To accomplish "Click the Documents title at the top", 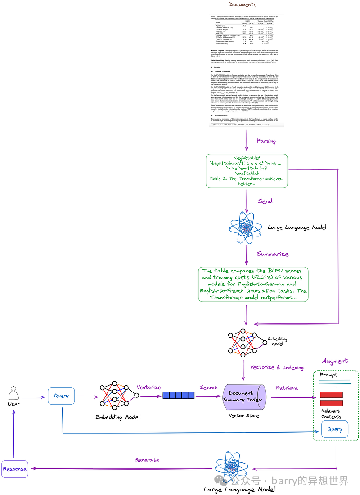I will click(242, 5).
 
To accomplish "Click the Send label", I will click(265, 201).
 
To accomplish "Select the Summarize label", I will click(273, 254).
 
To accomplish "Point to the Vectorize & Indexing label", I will click(277, 367).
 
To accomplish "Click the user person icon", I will click(14, 395).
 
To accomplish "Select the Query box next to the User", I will click(61, 396).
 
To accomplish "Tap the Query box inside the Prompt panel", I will click(334, 429).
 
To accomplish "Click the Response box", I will click(14, 469).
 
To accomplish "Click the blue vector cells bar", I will click(179, 396).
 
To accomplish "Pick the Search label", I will click(209, 388).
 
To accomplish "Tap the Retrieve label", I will click(287, 388).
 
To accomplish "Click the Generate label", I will click(147, 460).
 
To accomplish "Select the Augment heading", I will click(335, 361).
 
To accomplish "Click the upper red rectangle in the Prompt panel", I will click(331, 395).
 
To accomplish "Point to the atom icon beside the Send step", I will click(246, 227).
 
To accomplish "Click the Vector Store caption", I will click(244, 416).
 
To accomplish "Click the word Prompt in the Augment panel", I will click(328, 375).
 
